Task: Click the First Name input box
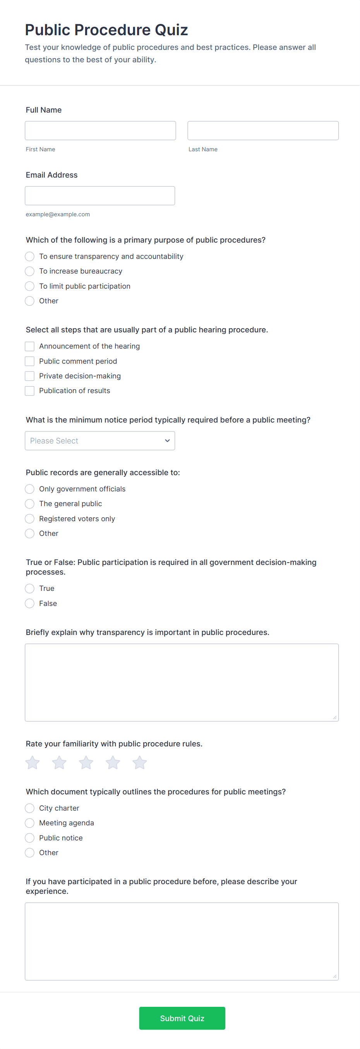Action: tap(100, 130)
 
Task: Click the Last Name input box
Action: tap(263, 130)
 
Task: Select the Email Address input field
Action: tap(100, 195)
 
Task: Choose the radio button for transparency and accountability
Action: tap(30, 256)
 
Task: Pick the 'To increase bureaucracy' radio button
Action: tap(30, 271)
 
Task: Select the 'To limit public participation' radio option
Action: tap(30, 286)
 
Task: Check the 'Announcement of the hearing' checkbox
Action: tap(30, 346)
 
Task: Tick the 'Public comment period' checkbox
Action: tap(30, 361)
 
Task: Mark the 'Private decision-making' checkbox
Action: tap(30, 376)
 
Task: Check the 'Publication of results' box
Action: tap(30, 390)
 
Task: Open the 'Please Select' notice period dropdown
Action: tap(100, 441)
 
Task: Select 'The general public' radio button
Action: tap(30, 504)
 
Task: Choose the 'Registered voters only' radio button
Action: tap(30, 519)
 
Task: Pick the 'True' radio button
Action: tap(30, 589)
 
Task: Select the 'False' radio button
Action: tap(30, 603)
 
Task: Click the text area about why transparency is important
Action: tap(182, 682)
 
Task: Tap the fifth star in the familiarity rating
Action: tap(140, 762)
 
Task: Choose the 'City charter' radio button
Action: tap(30, 808)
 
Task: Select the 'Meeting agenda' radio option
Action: tap(30, 823)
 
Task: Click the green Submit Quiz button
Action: tap(182, 1018)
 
